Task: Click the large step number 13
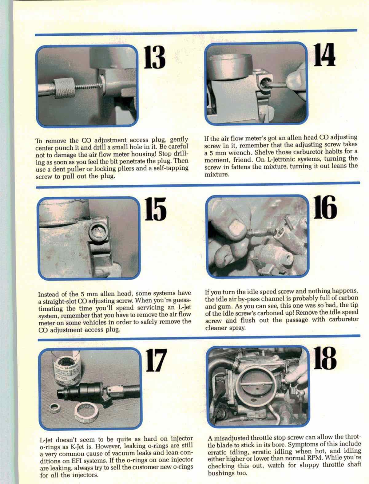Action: [154, 57]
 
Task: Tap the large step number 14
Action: [324, 55]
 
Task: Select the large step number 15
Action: [155, 209]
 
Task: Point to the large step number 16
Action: [325, 207]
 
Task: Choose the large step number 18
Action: [325, 358]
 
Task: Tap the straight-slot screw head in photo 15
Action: [98, 232]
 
